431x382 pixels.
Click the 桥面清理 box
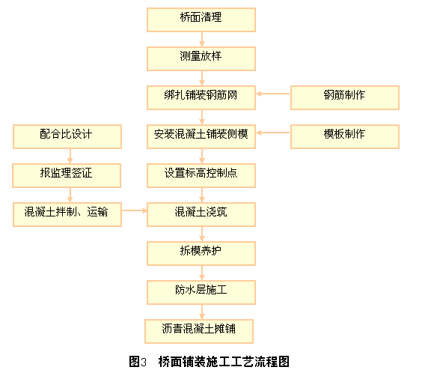(x=201, y=19)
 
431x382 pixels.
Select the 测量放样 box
(x=201, y=59)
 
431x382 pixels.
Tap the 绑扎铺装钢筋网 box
(x=201, y=97)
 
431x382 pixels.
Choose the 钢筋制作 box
(x=345, y=97)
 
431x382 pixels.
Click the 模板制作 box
(x=345, y=137)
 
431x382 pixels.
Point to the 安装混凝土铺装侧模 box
(x=201, y=137)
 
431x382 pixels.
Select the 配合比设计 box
(x=67, y=137)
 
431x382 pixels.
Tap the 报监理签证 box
(x=67, y=176)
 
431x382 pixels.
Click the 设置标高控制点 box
(x=201, y=176)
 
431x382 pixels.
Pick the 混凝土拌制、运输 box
(x=67, y=215)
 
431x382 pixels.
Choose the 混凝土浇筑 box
(x=201, y=215)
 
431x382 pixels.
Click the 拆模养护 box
(x=201, y=254)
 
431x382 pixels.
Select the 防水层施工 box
(x=201, y=293)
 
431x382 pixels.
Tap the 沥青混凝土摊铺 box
(x=199, y=332)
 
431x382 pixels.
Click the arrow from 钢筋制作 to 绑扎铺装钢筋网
(x=273, y=94)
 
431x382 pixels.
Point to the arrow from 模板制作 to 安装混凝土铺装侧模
(x=273, y=133)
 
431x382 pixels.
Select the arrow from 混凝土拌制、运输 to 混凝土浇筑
(x=135, y=210)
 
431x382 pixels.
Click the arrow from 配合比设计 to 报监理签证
(x=70, y=157)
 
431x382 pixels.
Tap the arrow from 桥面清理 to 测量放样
(x=202, y=40)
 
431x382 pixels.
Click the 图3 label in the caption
(x=138, y=362)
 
